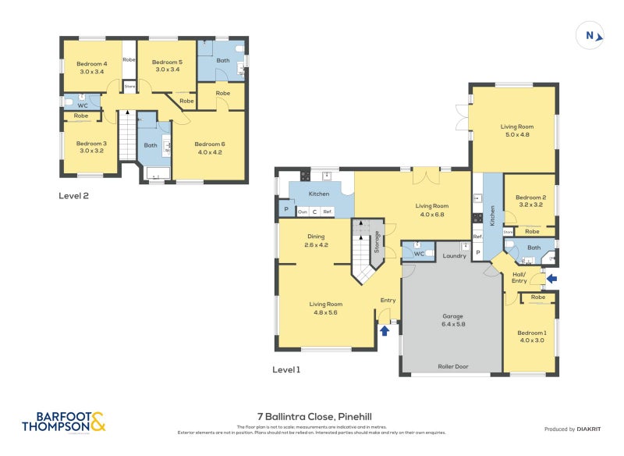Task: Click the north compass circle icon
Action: [x=590, y=34]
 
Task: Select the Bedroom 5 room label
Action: [x=166, y=66]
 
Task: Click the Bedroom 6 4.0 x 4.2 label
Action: [x=208, y=148]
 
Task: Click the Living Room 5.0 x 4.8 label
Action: [x=516, y=130]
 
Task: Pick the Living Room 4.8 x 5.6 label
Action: [x=325, y=308]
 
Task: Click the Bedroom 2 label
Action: [x=530, y=201]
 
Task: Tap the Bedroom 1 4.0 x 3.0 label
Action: [x=531, y=337]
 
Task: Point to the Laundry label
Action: [x=454, y=255]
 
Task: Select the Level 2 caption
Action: [x=73, y=196]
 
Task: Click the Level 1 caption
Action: [x=285, y=369]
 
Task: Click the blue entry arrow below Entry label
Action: [x=385, y=330]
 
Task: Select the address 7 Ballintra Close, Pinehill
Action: [x=313, y=417]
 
